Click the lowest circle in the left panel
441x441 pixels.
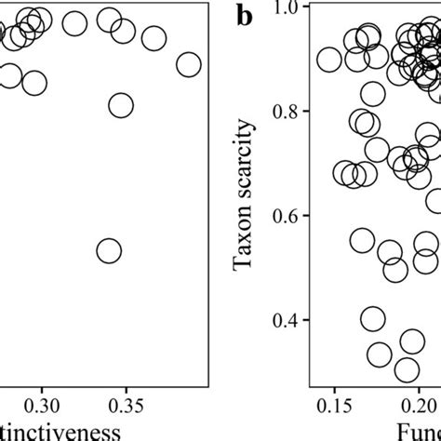point(109,250)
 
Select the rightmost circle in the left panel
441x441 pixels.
point(189,64)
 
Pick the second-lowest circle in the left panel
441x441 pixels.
point(121,105)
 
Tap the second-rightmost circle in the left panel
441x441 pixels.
point(154,38)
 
